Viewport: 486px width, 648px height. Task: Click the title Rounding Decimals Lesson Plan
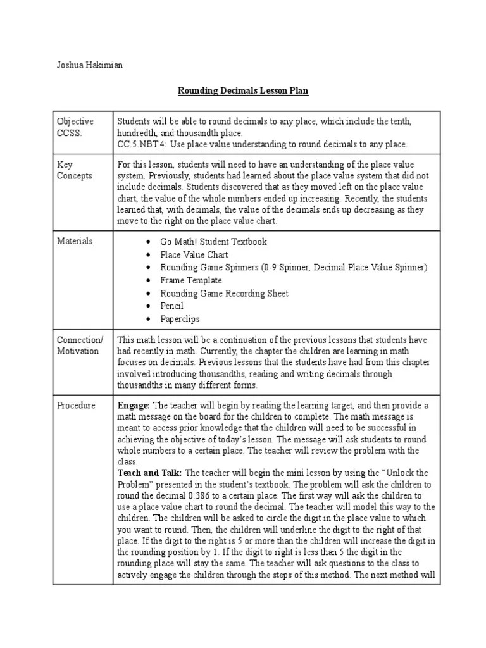point(242,91)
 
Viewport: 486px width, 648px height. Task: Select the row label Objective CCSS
point(75,127)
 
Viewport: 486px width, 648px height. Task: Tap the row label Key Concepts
point(74,170)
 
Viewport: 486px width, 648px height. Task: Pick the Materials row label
point(75,241)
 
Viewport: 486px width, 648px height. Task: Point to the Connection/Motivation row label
point(79,346)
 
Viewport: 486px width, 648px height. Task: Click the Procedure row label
point(76,405)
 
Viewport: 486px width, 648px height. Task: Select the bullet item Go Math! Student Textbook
point(213,242)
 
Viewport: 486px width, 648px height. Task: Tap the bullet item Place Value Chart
point(192,254)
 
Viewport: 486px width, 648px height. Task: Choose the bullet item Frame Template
point(191,280)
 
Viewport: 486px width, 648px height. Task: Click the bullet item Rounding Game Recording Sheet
point(224,293)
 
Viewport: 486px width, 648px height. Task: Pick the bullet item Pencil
point(172,306)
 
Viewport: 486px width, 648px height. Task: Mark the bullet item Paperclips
point(180,319)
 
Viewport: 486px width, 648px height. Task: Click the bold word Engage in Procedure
point(134,405)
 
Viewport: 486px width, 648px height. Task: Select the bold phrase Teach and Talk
point(149,473)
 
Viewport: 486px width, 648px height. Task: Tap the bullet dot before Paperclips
point(147,320)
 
